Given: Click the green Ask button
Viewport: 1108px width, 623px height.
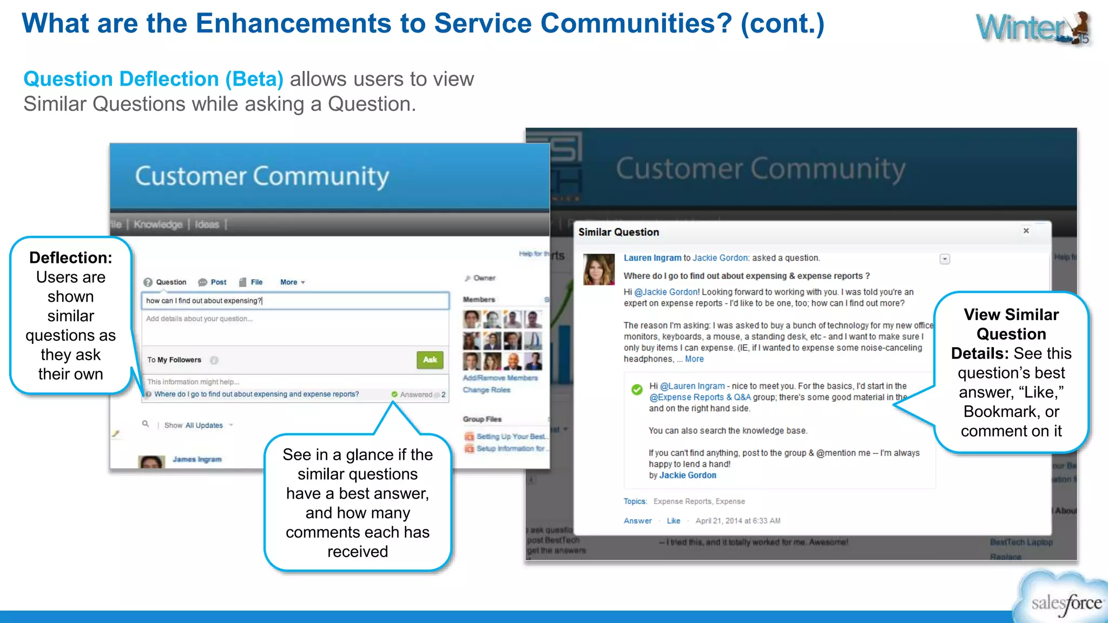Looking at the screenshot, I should tap(430, 360).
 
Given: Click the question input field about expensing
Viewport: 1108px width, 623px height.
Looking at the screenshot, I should tap(295, 301).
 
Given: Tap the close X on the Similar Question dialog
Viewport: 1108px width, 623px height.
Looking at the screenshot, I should tap(1026, 231).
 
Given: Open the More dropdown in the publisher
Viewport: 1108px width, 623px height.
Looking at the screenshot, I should tap(292, 282).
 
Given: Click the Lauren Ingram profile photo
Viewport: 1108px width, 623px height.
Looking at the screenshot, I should tap(598, 269).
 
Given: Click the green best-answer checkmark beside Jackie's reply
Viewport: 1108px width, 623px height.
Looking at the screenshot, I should tap(637, 389).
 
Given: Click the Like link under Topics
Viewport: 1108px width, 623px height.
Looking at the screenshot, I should tap(674, 521).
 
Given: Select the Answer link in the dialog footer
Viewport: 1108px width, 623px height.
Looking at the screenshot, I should tap(637, 521).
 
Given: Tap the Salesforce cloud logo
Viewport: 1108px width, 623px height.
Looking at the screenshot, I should tap(1063, 600).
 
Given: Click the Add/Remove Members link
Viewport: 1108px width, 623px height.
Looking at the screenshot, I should tap(500, 378).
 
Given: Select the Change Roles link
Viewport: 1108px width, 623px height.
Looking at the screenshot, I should tap(486, 390).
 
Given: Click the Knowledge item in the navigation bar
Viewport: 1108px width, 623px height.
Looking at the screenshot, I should tap(158, 224).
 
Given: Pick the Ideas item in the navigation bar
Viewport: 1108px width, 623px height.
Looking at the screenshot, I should tap(207, 224).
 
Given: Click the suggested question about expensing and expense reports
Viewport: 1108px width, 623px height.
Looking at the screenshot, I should tap(256, 394).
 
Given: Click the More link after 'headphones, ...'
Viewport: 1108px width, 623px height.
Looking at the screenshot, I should tap(694, 359).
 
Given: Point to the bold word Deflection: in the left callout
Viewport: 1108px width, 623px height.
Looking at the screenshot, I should tap(71, 258).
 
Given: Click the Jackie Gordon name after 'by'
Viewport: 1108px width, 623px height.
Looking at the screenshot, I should tap(688, 475).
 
